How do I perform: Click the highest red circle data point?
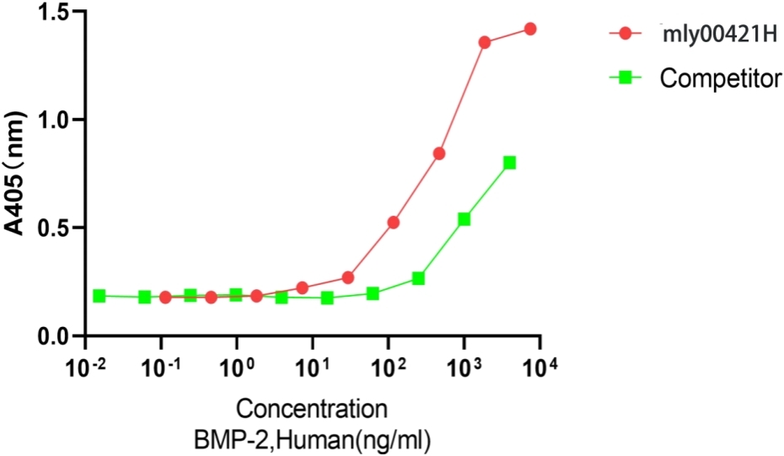click(530, 29)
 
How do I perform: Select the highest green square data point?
click(509, 163)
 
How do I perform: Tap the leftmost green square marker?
click(99, 296)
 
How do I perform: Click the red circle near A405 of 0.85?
click(439, 153)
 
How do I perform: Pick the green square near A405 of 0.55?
click(464, 219)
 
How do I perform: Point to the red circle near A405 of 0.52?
click(394, 223)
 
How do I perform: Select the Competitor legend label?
click(719, 79)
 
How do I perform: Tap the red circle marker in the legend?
click(625, 35)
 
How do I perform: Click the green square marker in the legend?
click(625, 79)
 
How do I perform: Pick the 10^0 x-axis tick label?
click(237, 368)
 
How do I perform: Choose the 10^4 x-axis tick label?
click(540, 368)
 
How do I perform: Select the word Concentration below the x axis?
click(312, 410)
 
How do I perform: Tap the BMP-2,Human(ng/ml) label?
click(312, 438)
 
